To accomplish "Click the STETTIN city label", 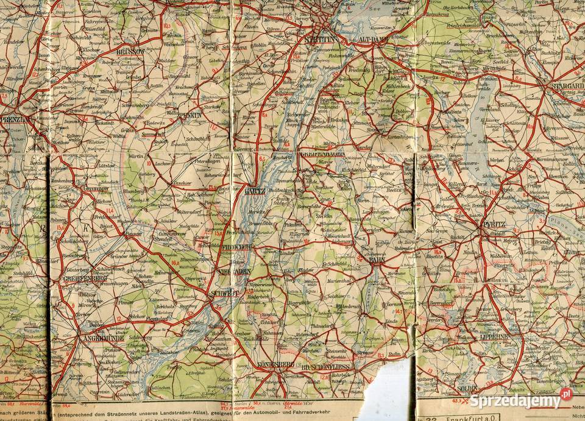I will [324, 39].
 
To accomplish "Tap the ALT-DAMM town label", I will [373, 39].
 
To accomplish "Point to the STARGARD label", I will [567, 86].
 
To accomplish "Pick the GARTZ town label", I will [254, 191].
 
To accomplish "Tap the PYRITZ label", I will [494, 224].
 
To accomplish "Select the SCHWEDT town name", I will [224, 293].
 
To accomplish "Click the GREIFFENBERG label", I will [85, 278].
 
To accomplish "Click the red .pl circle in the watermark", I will [566, 394].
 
